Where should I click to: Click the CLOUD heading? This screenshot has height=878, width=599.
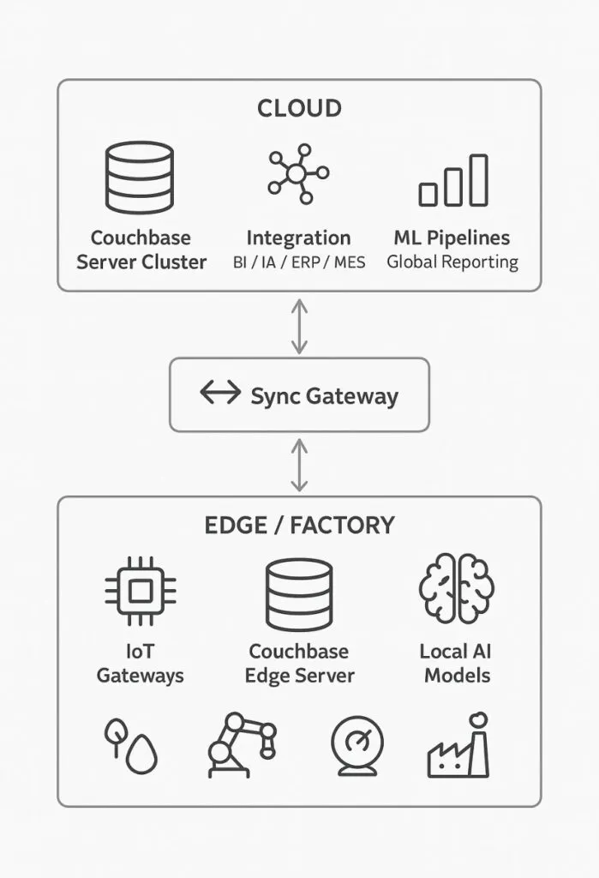[299, 108]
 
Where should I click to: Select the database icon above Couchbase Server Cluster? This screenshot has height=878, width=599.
[139, 177]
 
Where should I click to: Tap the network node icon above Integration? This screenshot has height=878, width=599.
[297, 173]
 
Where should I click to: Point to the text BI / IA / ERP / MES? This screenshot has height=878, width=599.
[298, 262]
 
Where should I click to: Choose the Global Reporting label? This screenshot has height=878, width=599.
[452, 262]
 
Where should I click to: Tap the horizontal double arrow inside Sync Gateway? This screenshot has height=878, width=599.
[221, 394]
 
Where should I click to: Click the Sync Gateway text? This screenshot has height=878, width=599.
[324, 396]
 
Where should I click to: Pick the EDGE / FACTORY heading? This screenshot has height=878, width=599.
[299, 525]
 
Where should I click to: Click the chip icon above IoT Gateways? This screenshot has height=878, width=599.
[140, 590]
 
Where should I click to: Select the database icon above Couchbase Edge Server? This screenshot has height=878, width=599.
[299, 594]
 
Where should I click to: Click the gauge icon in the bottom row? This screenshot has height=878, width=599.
[357, 745]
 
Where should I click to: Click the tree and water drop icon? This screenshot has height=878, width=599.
[130, 744]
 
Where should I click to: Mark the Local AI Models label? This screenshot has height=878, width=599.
[457, 663]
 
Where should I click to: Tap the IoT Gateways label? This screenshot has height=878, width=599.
[140, 663]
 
